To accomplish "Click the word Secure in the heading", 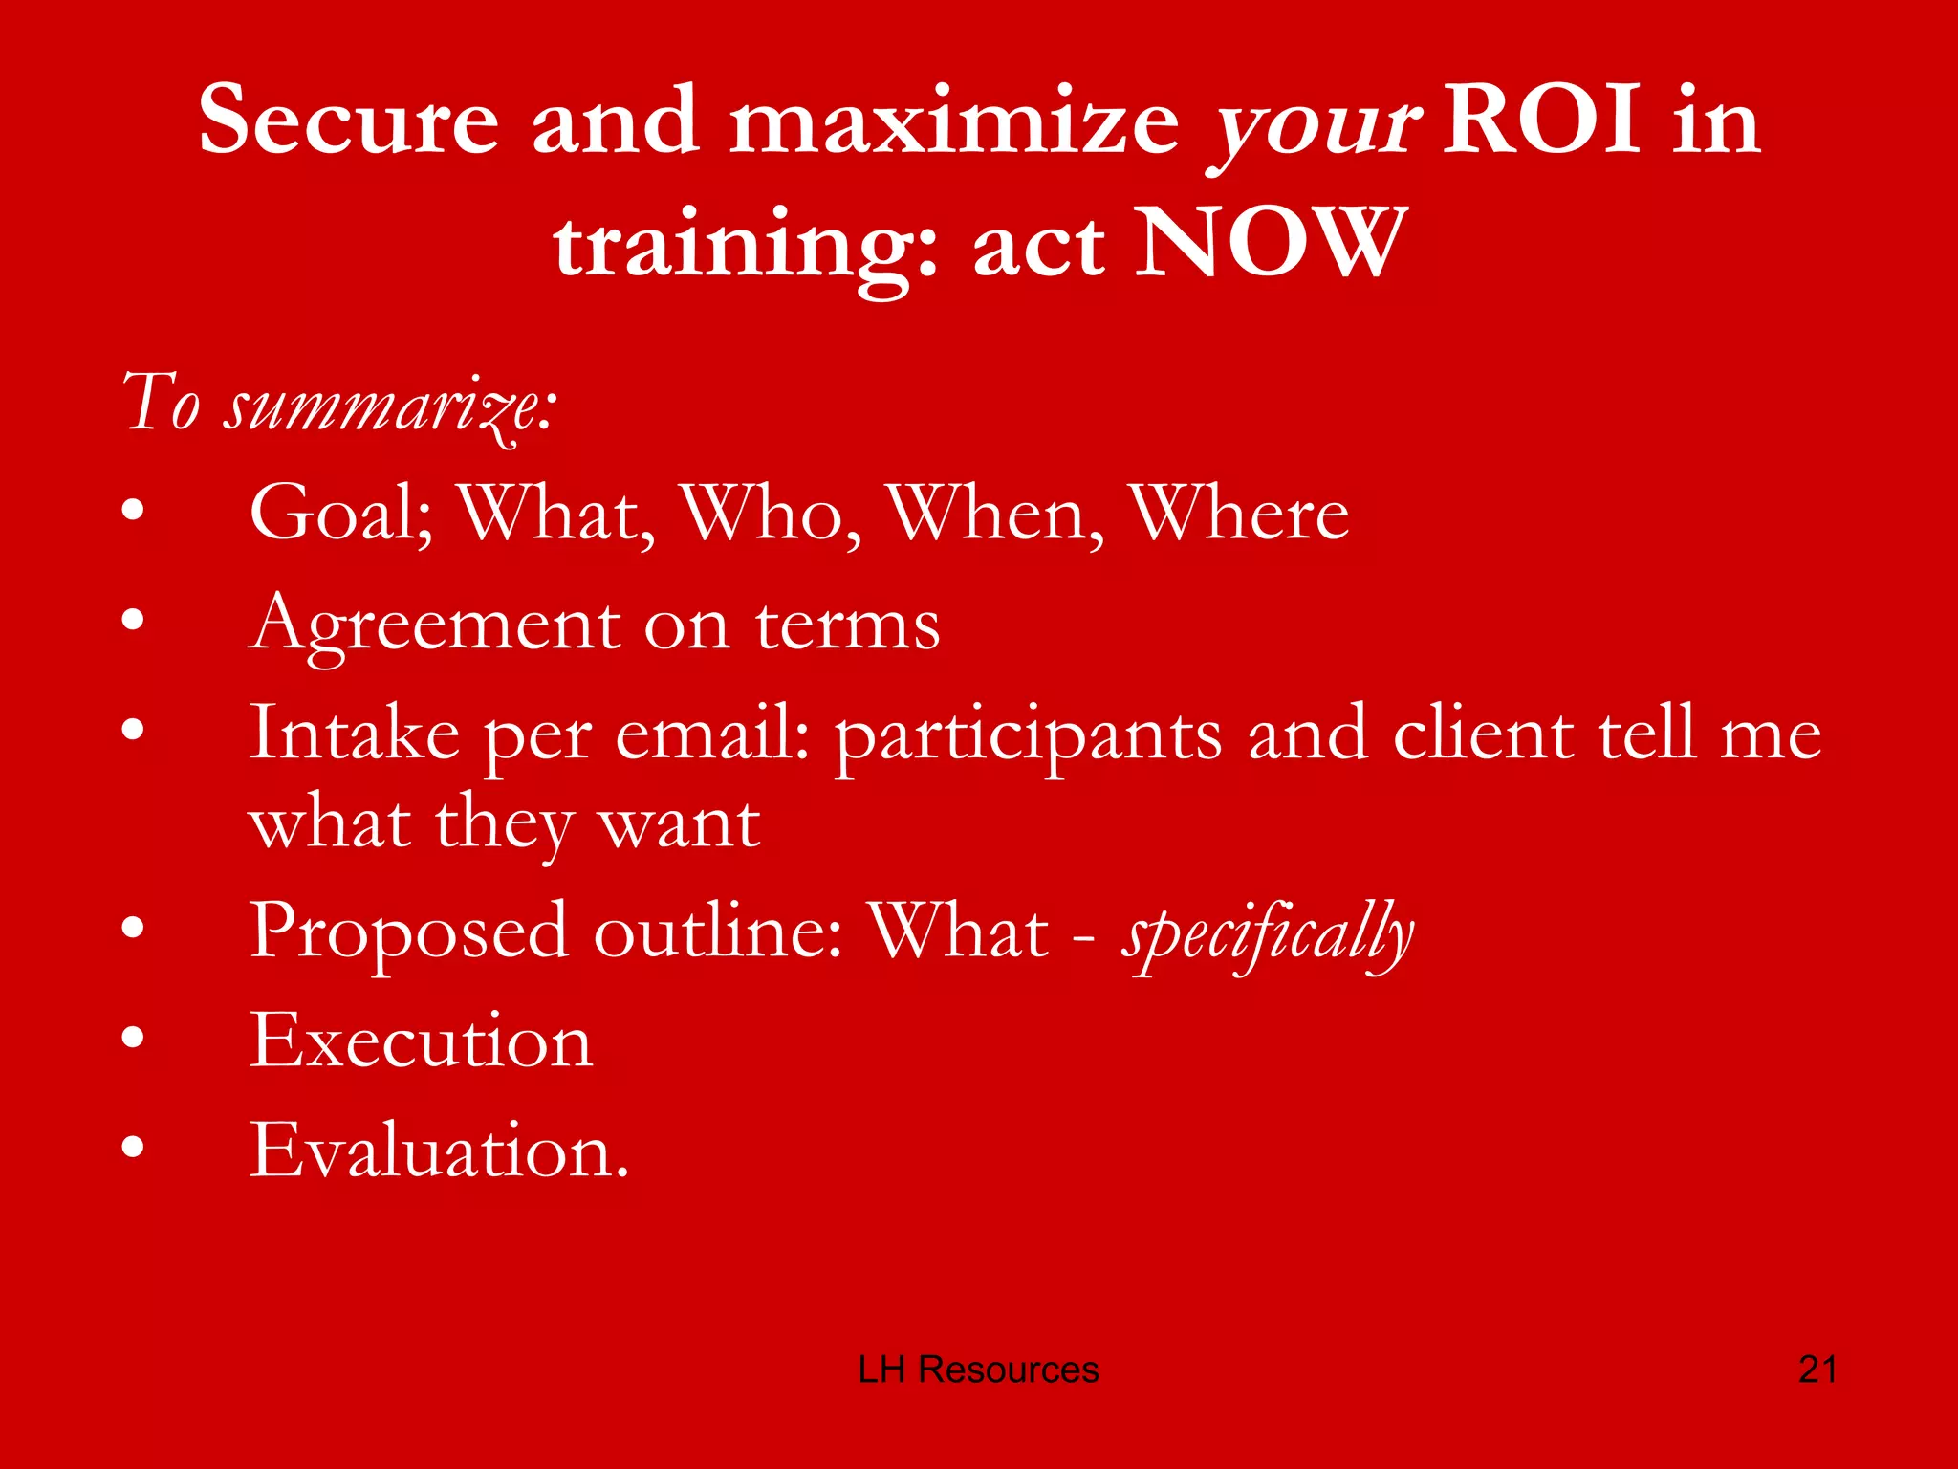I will point(348,121).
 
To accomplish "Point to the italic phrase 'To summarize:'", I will point(339,404).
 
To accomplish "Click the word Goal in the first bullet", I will point(340,515).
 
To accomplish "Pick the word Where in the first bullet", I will point(1239,515).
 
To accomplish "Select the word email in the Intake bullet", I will point(712,734).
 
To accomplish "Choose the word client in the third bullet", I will point(1482,734).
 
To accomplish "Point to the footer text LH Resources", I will point(978,1370).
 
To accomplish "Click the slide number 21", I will point(1817,1370).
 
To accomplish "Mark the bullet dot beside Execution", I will point(133,1037).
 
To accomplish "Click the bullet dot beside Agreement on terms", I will point(133,621).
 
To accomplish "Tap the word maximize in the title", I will point(954,121).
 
